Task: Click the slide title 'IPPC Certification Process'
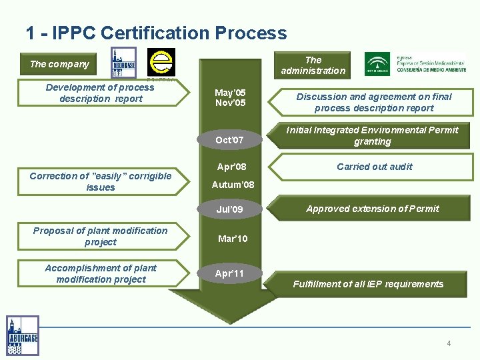point(156,33)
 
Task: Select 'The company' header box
point(59,64)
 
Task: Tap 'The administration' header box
point(313,65)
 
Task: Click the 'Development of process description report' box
point(100,93)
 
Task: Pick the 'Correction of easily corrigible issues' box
point(100,181)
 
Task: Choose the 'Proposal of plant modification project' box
point(100,236)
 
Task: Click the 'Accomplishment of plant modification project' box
point(100,273)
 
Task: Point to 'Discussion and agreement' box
point(373,102)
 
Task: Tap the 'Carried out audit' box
point(374,167)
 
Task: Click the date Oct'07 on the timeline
point(229,140)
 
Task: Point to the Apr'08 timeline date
point(231,167)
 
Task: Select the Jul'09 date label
point(229,209)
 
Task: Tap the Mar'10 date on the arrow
point(233,239)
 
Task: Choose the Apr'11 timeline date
point(229,273)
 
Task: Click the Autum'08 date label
point(233,185)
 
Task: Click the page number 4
point(449,343)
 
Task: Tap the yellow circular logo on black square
point(161,62)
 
